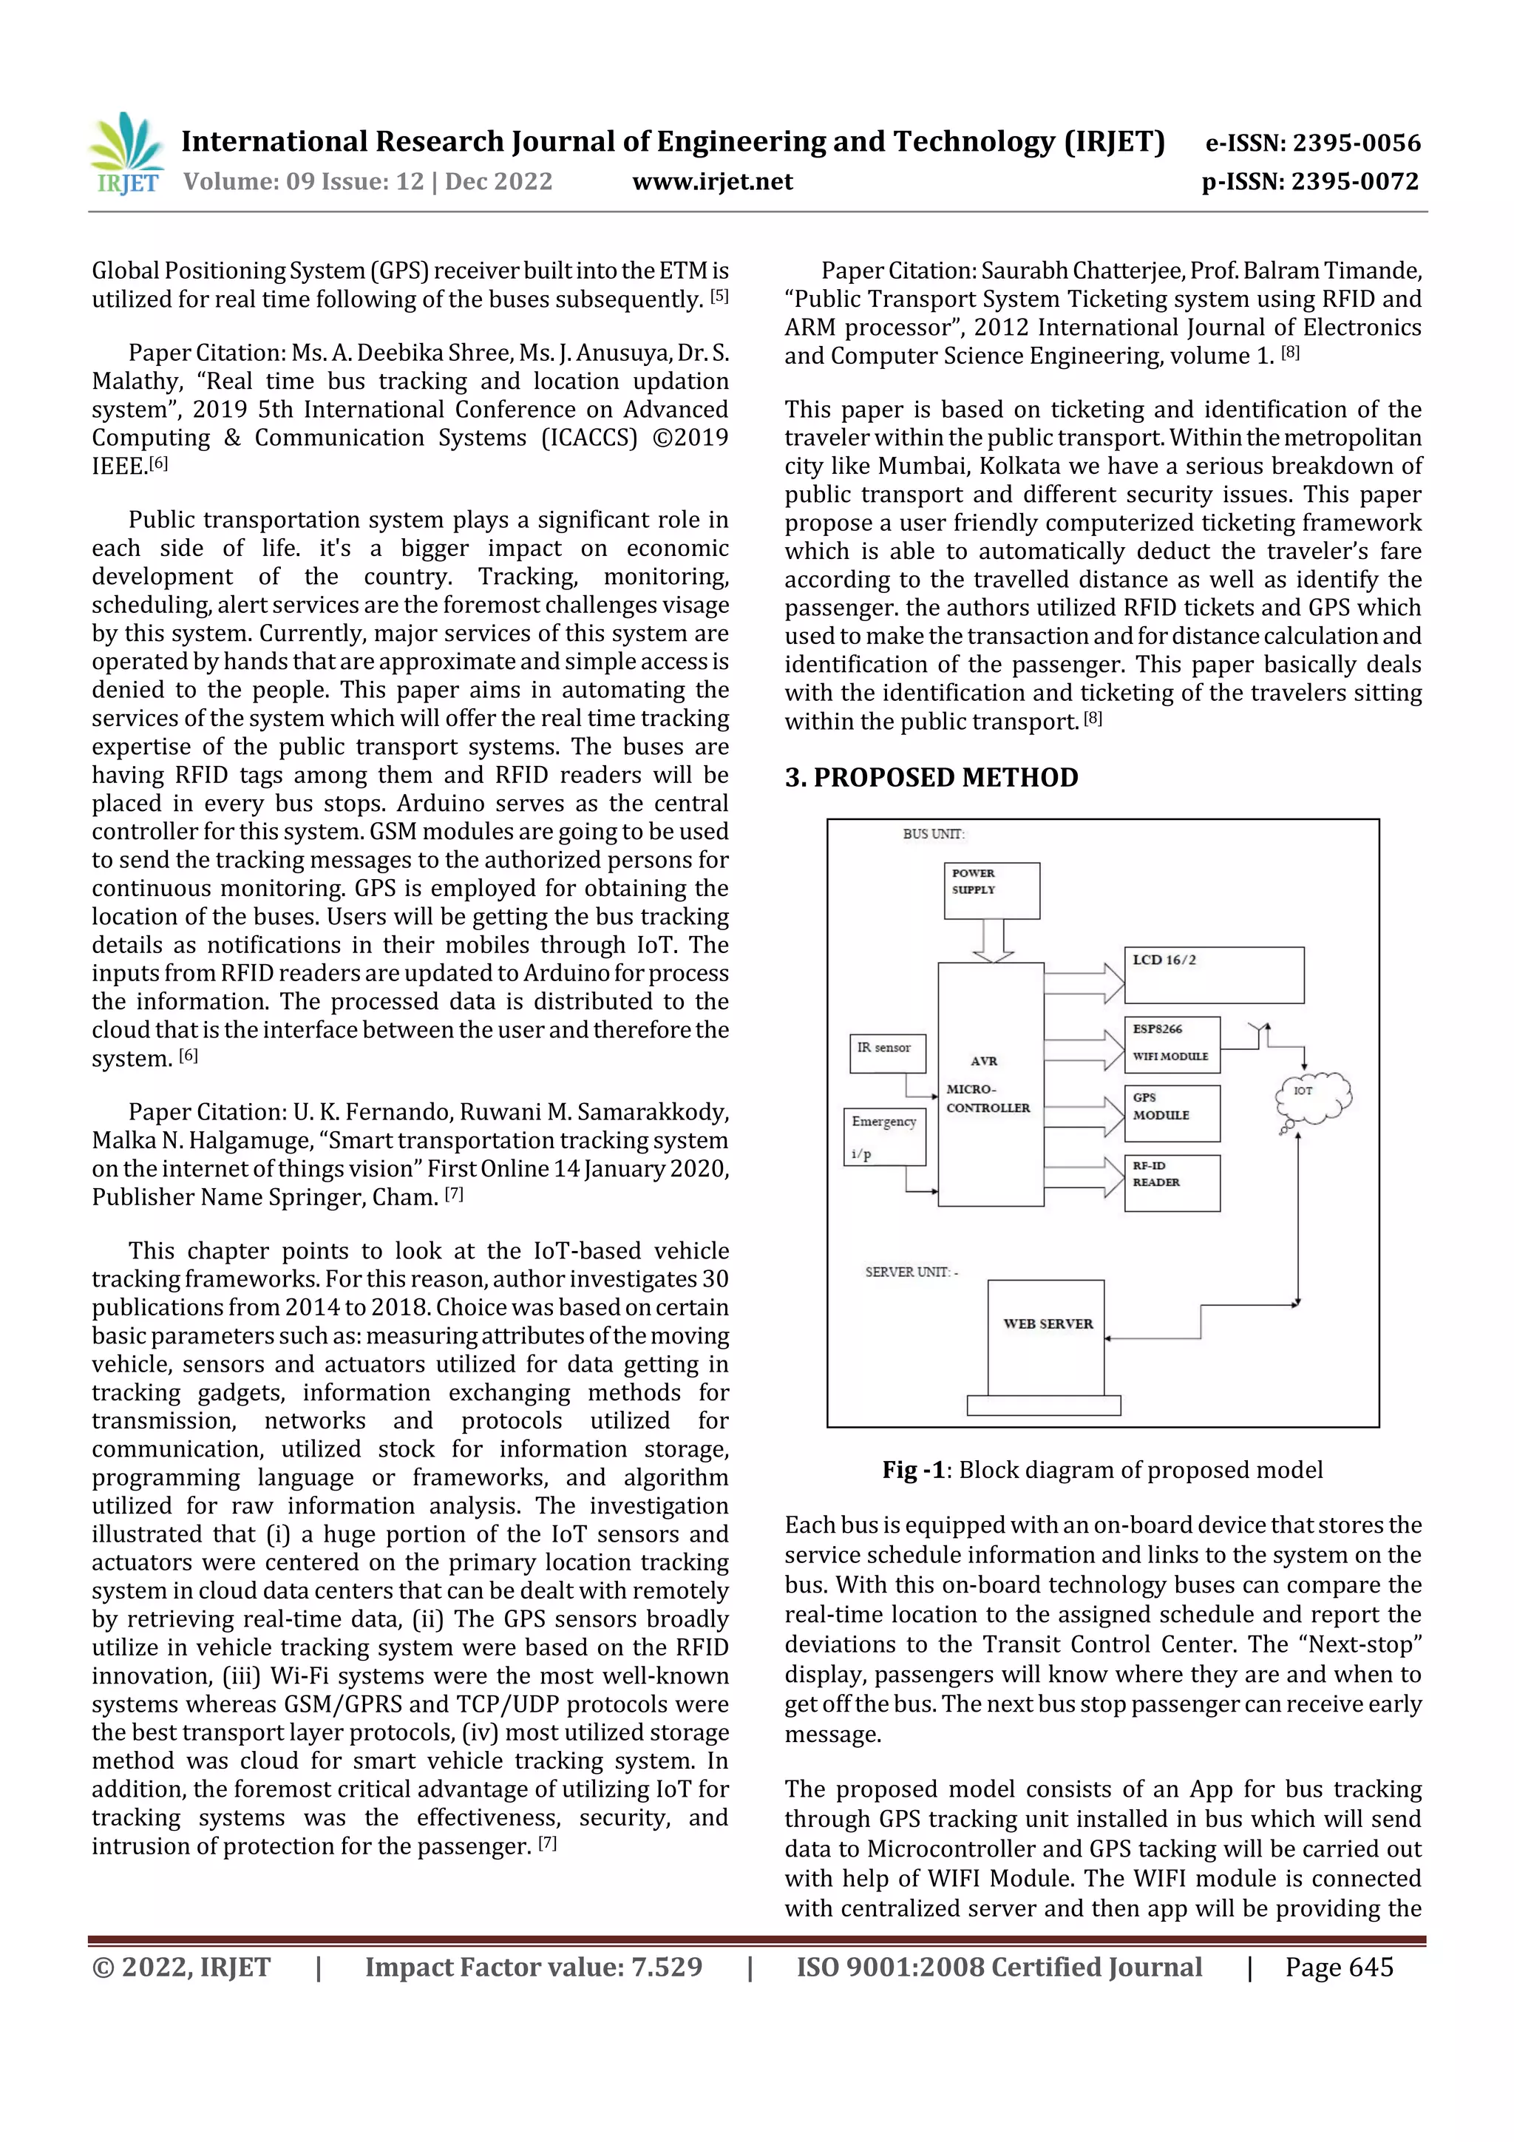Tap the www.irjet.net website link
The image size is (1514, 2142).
pos(712,181)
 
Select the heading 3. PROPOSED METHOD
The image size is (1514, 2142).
pos(931,777)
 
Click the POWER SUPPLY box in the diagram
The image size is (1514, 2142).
pos(991,890)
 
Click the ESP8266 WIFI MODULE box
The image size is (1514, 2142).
pos(1172,1044)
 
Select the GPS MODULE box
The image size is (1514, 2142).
pos(1172,1113)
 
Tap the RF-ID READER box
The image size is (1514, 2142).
pos(1172,1182)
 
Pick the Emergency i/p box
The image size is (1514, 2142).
pos(884,1136)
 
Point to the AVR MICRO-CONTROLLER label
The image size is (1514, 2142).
pos(988,1085)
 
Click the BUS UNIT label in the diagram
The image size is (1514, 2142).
pos(933,834)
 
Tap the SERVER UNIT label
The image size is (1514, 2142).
pos(911,1272)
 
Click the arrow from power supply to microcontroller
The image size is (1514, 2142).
pos(993,940)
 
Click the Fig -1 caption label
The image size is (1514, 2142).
pos(915,1471)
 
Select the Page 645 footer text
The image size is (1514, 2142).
pos(1339,1968)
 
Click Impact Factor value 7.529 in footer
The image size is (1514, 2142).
pos(533,1968)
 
